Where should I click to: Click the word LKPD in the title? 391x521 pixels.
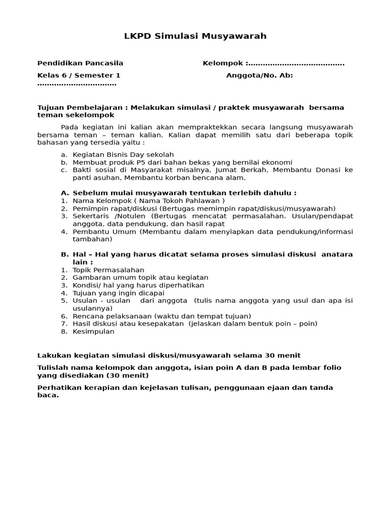pyautogui.click(x=135, y=36)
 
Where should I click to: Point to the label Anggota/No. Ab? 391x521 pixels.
pyautogui.click(x=260, y=76)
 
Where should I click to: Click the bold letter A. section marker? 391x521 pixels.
pyautogui.click(x=65, y=193)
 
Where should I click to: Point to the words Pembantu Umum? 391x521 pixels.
pyautogui.click(x=105, y=231)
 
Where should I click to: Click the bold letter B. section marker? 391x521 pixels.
pyautogui.click(x=65, y=254)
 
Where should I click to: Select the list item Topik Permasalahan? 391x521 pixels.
pyautogui.click(x=108, y=270)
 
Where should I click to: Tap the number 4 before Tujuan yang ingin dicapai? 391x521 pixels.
pyautogui.click(x=64, y=293)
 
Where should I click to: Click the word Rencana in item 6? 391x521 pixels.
pyautogui.click(x=88, y=316)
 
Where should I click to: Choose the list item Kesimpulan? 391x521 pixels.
pyautogui.click(x=94, y=331)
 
